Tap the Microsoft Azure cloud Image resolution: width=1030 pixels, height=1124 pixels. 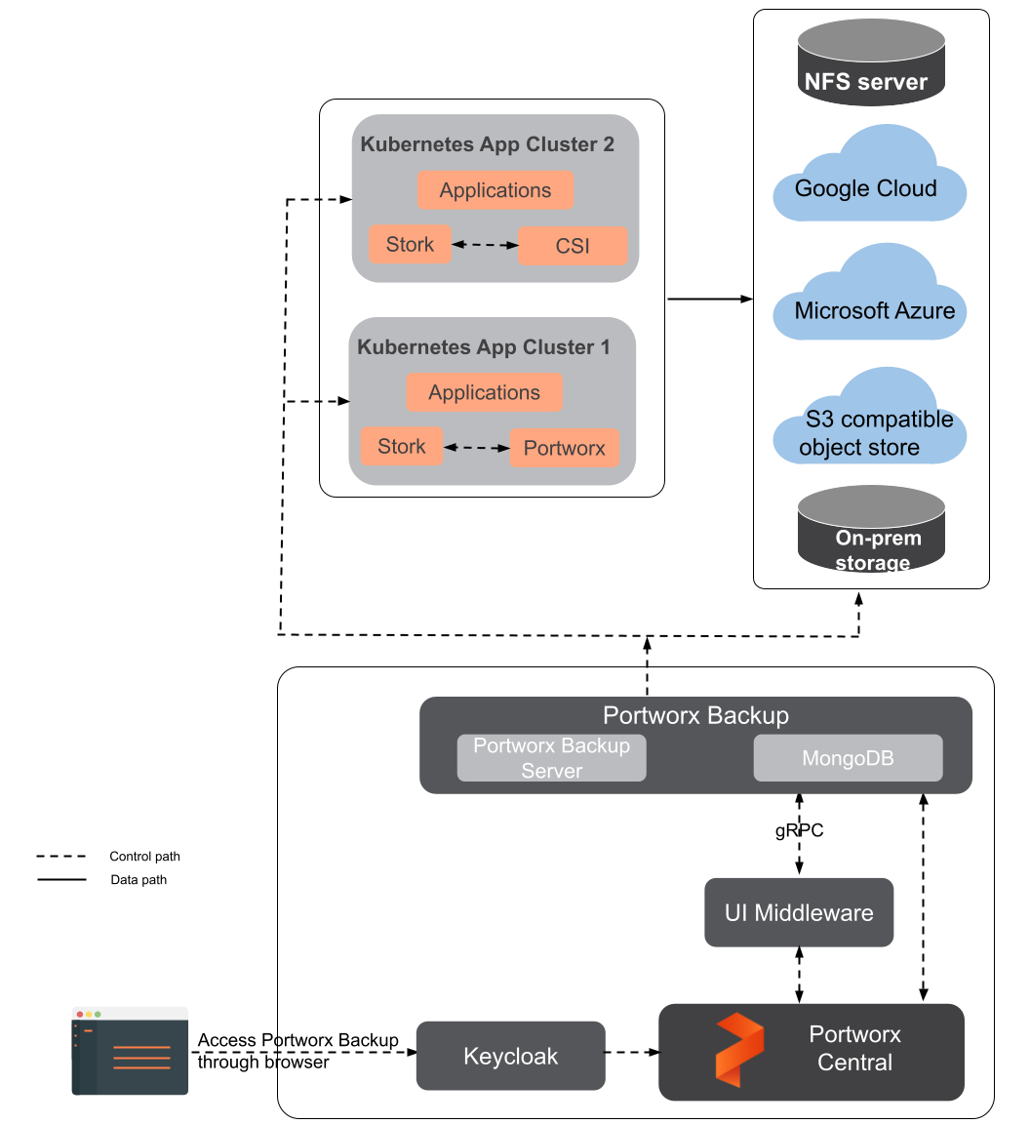tap(871, 302)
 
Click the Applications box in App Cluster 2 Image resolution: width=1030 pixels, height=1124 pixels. tap(495, 190)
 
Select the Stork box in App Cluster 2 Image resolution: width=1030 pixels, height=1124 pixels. tap(410, 244)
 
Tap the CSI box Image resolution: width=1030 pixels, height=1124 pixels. tap(573, 246)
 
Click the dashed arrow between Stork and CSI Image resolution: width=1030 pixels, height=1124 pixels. tap(485, 245)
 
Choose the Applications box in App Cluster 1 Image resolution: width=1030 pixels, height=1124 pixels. tap(484, 392)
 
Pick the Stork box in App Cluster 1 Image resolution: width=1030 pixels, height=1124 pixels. tap(402, 447)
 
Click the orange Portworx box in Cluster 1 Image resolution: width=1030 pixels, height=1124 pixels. tap(565, 449)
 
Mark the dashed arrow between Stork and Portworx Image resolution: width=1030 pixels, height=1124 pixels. tap(477, 448)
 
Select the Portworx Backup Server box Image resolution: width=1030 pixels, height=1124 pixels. tap(551, 758)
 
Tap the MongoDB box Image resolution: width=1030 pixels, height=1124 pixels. tap(848, 758)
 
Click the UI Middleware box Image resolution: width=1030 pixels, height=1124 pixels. tap(799, 912)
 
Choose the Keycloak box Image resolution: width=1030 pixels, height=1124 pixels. tap(510, 1056)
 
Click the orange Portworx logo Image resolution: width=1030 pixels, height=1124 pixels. tap(739, 1050)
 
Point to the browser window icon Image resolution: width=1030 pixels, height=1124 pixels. tap(130, 1051)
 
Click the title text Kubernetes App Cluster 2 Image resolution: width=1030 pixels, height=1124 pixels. tap(487, 144)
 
